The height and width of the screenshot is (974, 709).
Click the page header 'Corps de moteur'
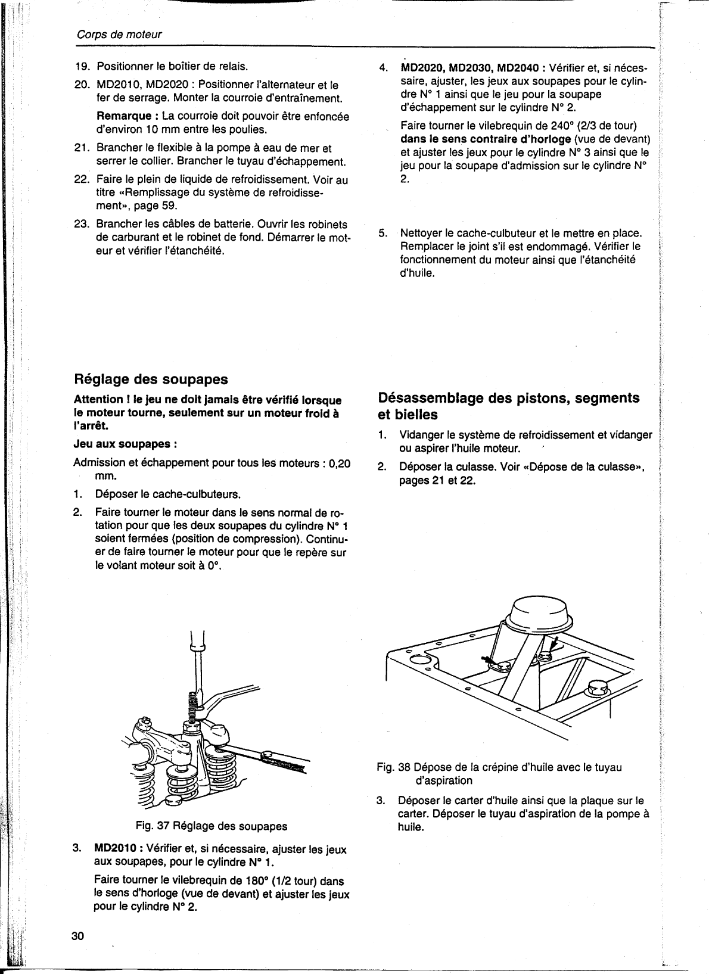119,35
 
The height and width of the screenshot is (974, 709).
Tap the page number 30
78,935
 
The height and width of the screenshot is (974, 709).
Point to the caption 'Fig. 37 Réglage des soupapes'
211,826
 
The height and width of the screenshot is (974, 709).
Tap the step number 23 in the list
81,225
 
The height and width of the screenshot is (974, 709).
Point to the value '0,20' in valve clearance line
339,463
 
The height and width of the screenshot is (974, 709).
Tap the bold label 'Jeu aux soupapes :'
125,444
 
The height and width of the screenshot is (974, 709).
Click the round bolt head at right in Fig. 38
596,689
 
